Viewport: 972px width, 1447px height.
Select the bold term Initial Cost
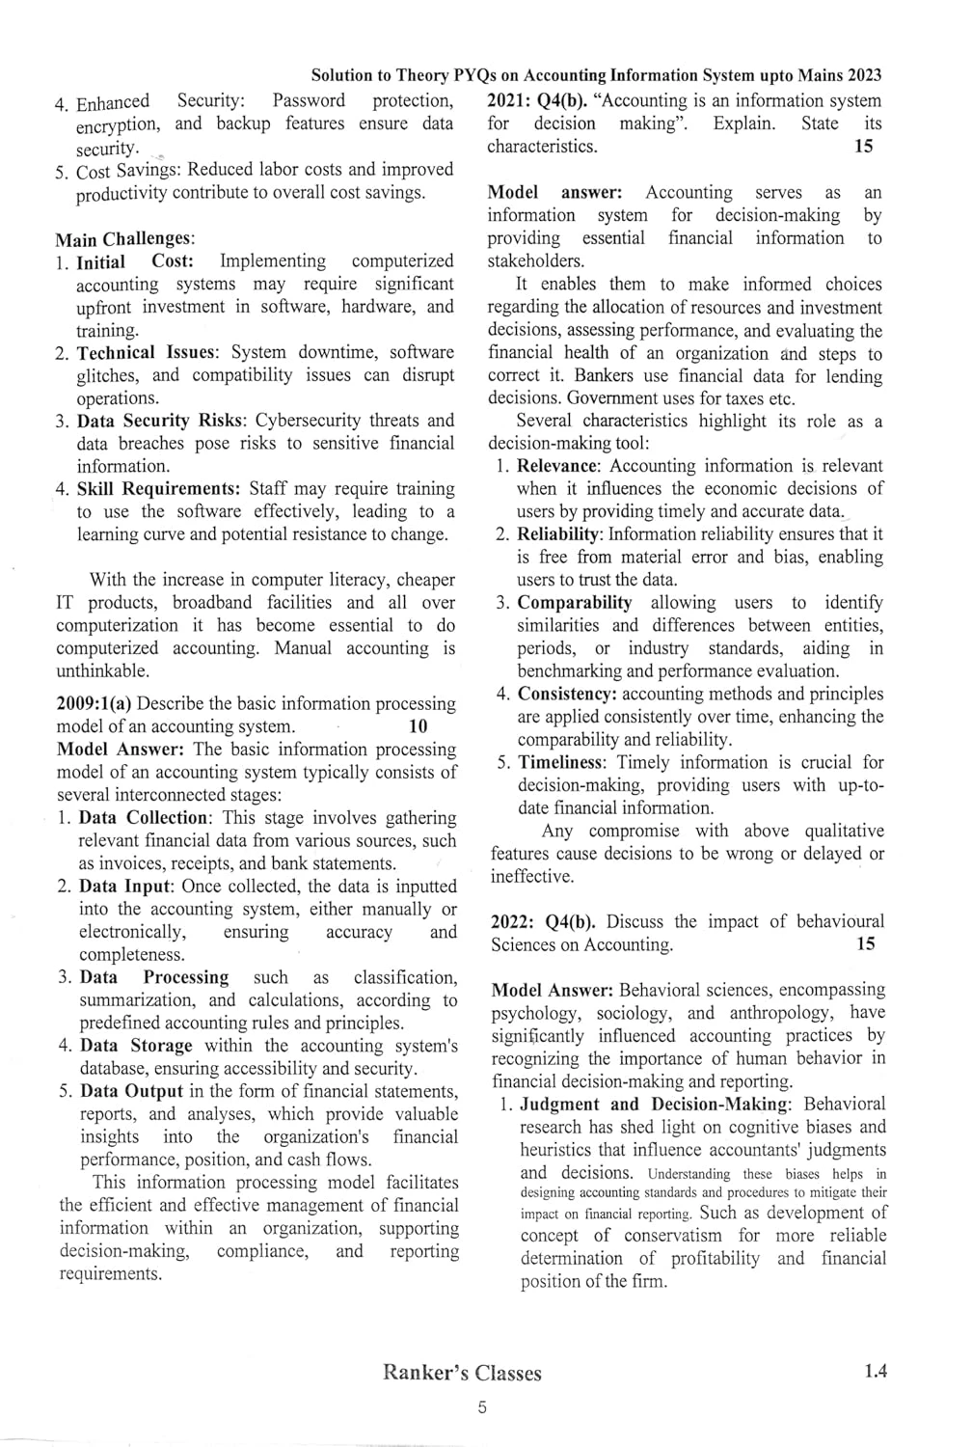point(135,261)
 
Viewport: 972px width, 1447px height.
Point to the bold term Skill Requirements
point(158,489)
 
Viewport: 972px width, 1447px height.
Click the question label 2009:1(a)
point(94,704)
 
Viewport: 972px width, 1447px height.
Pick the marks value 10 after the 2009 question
point(418,726)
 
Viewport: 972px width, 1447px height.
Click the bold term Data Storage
point(136,1046)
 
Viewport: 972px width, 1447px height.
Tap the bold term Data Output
point(131,1091)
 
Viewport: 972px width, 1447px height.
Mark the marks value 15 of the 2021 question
point(864,146)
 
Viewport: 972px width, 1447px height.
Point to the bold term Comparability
point(575,603)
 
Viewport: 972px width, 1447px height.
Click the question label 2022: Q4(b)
point(543,921)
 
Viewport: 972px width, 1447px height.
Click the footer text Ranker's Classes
point(462,1373)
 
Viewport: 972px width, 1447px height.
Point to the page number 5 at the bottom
point(482,1407)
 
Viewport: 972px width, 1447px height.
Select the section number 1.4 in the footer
point(876,1371)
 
